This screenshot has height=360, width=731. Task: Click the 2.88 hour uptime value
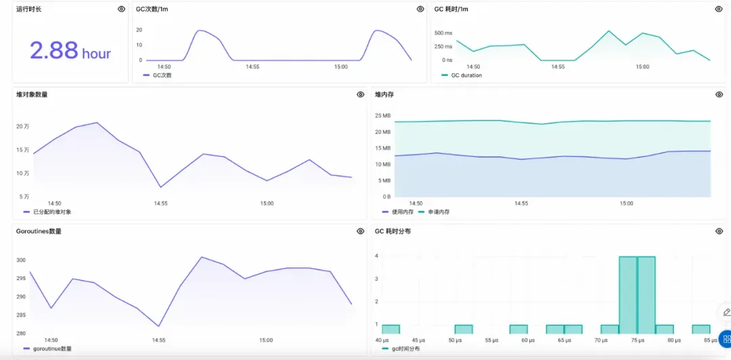click(70, 51)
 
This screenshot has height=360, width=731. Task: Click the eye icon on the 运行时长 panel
click(121, 9)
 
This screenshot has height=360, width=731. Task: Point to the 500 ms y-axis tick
click(443, 32)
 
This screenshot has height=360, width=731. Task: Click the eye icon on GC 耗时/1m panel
click(718, 9)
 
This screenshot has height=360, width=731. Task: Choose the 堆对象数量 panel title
click(32, 95)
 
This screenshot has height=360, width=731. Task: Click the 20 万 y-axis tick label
click(23, 127)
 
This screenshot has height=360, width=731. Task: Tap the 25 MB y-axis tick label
click(383, 116)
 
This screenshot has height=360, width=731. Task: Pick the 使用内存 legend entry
click(402, 212)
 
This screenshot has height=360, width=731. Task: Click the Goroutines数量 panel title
click(39, 231)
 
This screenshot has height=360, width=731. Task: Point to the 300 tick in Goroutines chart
click(21, 260)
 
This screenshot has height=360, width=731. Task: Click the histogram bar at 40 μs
click(391, 330)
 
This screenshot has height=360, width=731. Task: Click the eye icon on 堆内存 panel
click(719, 95)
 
